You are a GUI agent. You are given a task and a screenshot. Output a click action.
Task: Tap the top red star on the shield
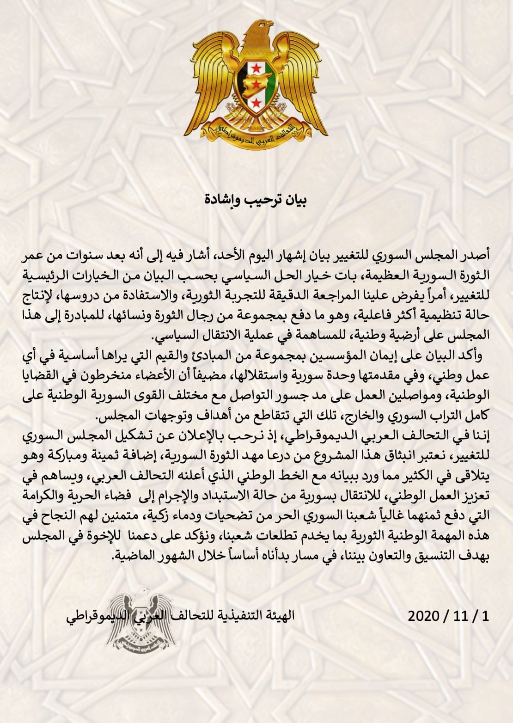[x=256, y=68]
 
